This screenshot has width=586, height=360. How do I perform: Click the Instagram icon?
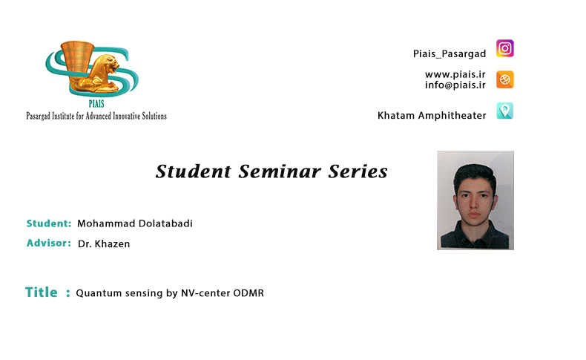coord(505,48)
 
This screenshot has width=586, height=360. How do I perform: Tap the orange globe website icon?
coord(505,79)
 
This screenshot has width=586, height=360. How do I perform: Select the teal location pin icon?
coord(505,111)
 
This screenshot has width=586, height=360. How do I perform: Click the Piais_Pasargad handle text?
coord(450,54)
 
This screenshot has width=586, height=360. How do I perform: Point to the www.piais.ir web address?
coord(455,74)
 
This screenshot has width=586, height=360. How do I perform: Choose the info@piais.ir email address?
coord(455,85)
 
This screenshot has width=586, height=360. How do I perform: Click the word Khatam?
coord(396,115)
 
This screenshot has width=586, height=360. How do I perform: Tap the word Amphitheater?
coord(452,116)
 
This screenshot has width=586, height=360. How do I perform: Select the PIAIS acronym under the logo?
coord(96,104)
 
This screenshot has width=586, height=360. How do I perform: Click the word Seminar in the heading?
coord(280,171)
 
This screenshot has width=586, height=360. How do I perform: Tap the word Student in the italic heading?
coord(193,171)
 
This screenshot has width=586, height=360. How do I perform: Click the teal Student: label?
coord(48,223)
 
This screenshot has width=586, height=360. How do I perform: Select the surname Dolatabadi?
coord(165,223)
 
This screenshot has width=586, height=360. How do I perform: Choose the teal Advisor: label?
coord(48,243)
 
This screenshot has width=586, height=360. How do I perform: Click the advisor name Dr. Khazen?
coord(104,243)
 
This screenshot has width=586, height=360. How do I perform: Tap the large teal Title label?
coord(41,292)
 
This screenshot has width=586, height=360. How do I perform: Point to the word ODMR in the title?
coord(248,292)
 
